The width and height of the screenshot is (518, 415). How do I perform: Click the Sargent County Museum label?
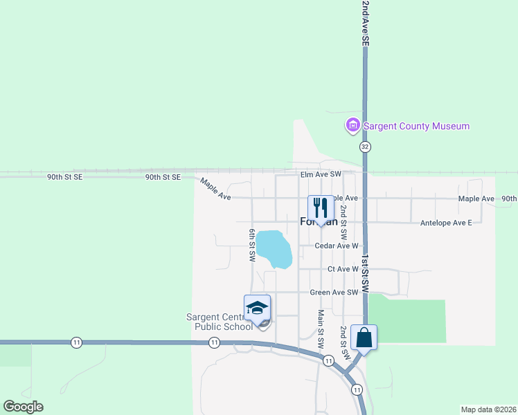tap(417, 127)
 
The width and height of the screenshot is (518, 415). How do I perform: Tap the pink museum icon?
tap(352, 126)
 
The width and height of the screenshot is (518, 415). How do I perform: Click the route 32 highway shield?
tap(365, 147)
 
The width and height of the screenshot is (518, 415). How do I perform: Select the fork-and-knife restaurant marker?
tap(321, 207)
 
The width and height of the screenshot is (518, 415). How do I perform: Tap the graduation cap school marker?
tap(257, 308)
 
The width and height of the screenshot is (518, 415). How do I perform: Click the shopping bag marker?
tap(364, 338)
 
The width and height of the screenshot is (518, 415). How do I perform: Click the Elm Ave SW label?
tap(321, 174)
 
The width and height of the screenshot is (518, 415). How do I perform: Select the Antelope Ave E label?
tap(446, 223)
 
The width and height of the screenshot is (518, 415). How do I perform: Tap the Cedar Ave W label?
tap(336, 246)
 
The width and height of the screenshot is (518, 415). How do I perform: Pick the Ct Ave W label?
tap(343, 269)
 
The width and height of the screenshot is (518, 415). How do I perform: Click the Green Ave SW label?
tap(334, 293)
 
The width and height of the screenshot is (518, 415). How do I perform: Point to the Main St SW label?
tap(321, 329)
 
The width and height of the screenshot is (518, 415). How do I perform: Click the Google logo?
tap(23, 407)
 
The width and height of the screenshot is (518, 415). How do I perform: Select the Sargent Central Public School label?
tap(220, 322)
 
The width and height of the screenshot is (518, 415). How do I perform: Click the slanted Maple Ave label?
tap(215, 189)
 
